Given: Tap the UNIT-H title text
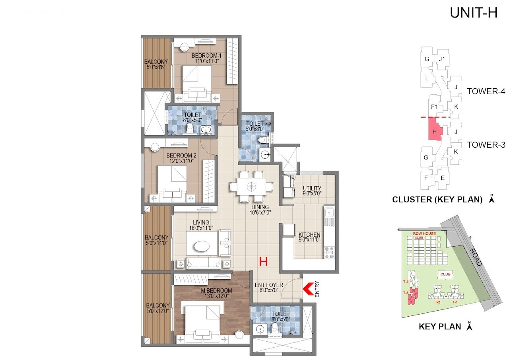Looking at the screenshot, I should [473, 13].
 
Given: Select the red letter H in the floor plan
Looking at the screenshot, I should [263, 261].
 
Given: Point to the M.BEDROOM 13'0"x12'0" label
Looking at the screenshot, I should [216, 293].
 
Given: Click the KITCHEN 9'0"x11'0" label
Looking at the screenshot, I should [309, 237].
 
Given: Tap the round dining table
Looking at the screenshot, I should [251, 186].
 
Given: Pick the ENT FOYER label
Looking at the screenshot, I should [269, 288].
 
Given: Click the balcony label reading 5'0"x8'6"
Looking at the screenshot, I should [156, 64].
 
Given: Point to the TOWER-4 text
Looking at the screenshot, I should [486, 91].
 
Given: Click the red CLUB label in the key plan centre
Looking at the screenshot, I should [445, 274].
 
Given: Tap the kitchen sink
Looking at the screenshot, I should [329, 215].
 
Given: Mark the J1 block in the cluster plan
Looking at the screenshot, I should [441, 59].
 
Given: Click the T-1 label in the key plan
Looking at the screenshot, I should [456, 302].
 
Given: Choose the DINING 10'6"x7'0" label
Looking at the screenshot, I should [260, 210].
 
